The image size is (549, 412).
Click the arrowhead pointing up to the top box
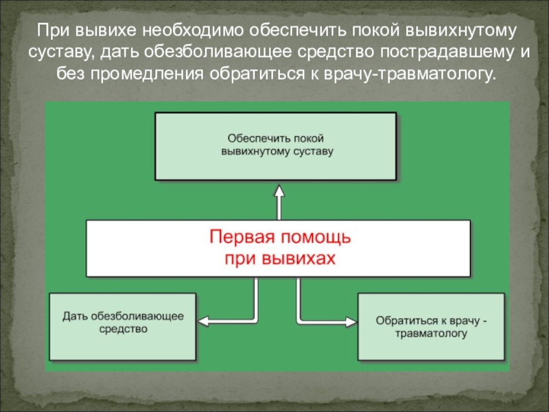279,190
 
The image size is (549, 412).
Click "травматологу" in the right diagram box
431,334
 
